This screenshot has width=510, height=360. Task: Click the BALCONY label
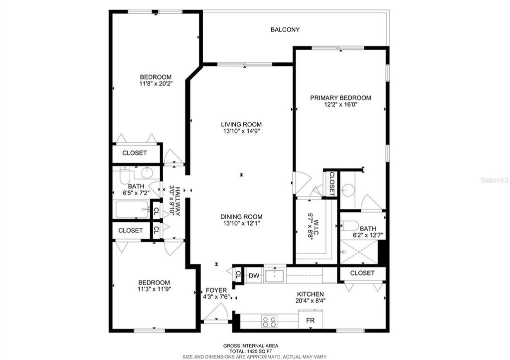(285, 29)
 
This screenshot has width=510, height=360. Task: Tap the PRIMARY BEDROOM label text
(340, 98)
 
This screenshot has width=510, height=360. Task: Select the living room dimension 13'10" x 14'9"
(242, 131)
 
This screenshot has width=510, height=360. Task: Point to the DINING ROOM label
(242, 216)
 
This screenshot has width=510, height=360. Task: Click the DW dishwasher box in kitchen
(254, 275)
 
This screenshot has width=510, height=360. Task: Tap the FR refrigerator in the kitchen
(310, 319)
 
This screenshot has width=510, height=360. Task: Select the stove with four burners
(269, 321)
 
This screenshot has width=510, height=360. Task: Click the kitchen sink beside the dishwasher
(275, 275)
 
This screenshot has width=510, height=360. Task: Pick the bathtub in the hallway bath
(132, 209)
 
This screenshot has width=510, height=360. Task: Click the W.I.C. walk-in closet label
(311, 226)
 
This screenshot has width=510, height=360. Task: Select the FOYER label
(216, 290)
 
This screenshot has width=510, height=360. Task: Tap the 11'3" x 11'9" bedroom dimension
(154, 289)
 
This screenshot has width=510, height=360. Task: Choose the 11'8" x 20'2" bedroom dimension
(155, 84)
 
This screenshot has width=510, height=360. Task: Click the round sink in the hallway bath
(147, 173)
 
